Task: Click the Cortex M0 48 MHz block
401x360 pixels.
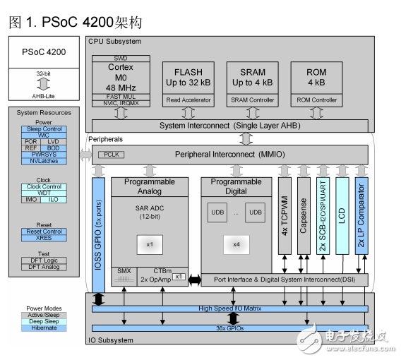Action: (x=121, y=78)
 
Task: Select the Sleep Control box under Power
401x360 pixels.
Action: (x=44, y=129)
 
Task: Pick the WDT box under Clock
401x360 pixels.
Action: (x=44, y=193)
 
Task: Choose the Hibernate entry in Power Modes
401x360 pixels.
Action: (x=44, y=328)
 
